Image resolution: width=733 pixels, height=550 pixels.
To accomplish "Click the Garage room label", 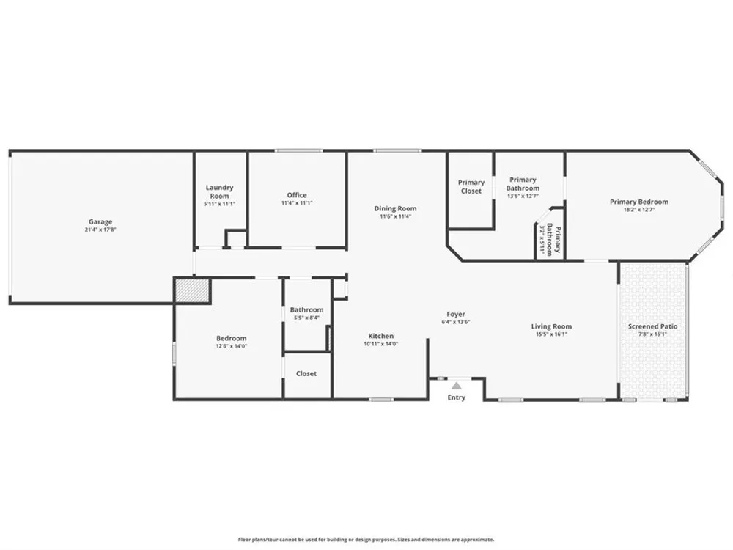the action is [100, 221].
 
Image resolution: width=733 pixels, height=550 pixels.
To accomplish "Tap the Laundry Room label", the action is [219, 191].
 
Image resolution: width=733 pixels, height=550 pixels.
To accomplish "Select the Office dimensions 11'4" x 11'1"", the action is [297, 203].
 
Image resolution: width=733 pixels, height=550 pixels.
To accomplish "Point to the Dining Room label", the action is [395, 208].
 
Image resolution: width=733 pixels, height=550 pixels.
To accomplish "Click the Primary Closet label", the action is [471, 186].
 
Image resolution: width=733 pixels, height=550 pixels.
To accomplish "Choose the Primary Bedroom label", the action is [639, 202].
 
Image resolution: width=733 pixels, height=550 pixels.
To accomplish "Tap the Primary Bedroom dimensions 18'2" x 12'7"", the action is [639, 210].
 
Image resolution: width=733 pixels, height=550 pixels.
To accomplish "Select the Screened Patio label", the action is [652, 326].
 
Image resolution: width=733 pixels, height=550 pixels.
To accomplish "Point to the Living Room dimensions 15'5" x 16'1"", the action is [551, 334].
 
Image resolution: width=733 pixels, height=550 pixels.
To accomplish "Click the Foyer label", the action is [456, 315].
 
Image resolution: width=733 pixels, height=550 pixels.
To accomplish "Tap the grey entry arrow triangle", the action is [457, 386].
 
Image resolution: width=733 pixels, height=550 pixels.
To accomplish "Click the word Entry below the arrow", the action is [456, 397].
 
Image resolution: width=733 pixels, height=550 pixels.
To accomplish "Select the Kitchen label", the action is [381, 336].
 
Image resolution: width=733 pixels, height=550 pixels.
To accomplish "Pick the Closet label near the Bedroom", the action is [306, 374].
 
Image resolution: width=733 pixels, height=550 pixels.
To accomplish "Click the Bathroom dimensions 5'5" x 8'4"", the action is [306, 318].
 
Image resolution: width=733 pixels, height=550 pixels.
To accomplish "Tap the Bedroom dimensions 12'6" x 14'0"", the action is [232, 346].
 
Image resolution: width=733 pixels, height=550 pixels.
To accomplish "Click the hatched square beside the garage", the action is [191, 290].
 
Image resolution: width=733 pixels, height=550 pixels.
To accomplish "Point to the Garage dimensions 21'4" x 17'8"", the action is [100, 230].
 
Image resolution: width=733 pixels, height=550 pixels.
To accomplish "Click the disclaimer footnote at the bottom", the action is [366, 540].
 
